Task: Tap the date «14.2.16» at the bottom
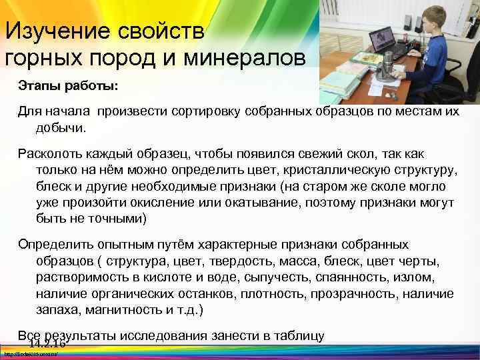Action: point(47,343)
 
